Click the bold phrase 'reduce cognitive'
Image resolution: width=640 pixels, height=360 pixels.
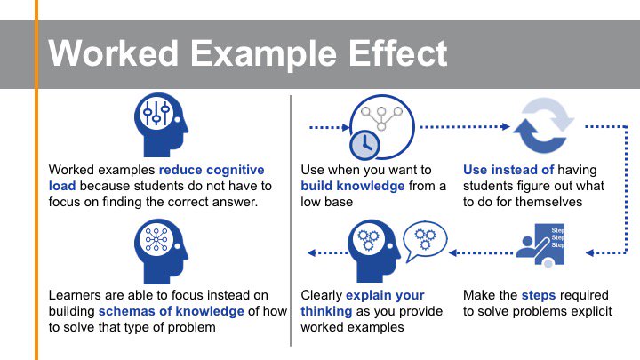(212, 170)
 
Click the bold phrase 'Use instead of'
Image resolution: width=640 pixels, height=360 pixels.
(508, 170)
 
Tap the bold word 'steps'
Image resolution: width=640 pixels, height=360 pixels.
(539, 295)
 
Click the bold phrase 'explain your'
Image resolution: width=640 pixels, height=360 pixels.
(385, 295)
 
